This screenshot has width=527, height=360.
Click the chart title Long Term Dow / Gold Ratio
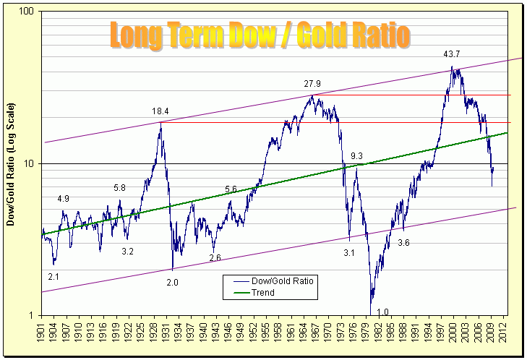[x=261, y=34]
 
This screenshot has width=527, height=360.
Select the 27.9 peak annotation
[x=313, y=84]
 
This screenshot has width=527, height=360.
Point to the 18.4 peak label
[x=160, y=111]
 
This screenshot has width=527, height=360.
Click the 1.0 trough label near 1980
[x=382, y=312]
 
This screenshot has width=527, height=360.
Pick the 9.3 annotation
[x=357, y=156]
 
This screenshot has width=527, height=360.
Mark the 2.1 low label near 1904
[x=53, y=276]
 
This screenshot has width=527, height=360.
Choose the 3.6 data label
[x=403, y=244]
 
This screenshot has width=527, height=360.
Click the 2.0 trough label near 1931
[x=172, y=282]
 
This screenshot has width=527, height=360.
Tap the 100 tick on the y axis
[x=30, y=12]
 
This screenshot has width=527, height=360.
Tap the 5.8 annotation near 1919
[x=120, y=188]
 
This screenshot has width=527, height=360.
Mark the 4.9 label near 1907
[x=64, y=199]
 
